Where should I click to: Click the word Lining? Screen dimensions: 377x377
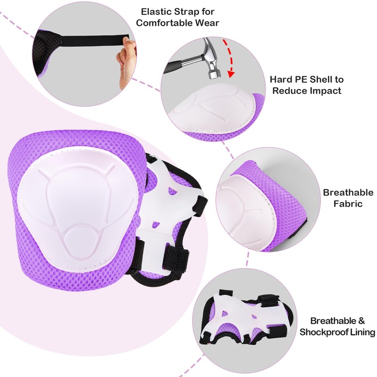click(361, 332)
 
